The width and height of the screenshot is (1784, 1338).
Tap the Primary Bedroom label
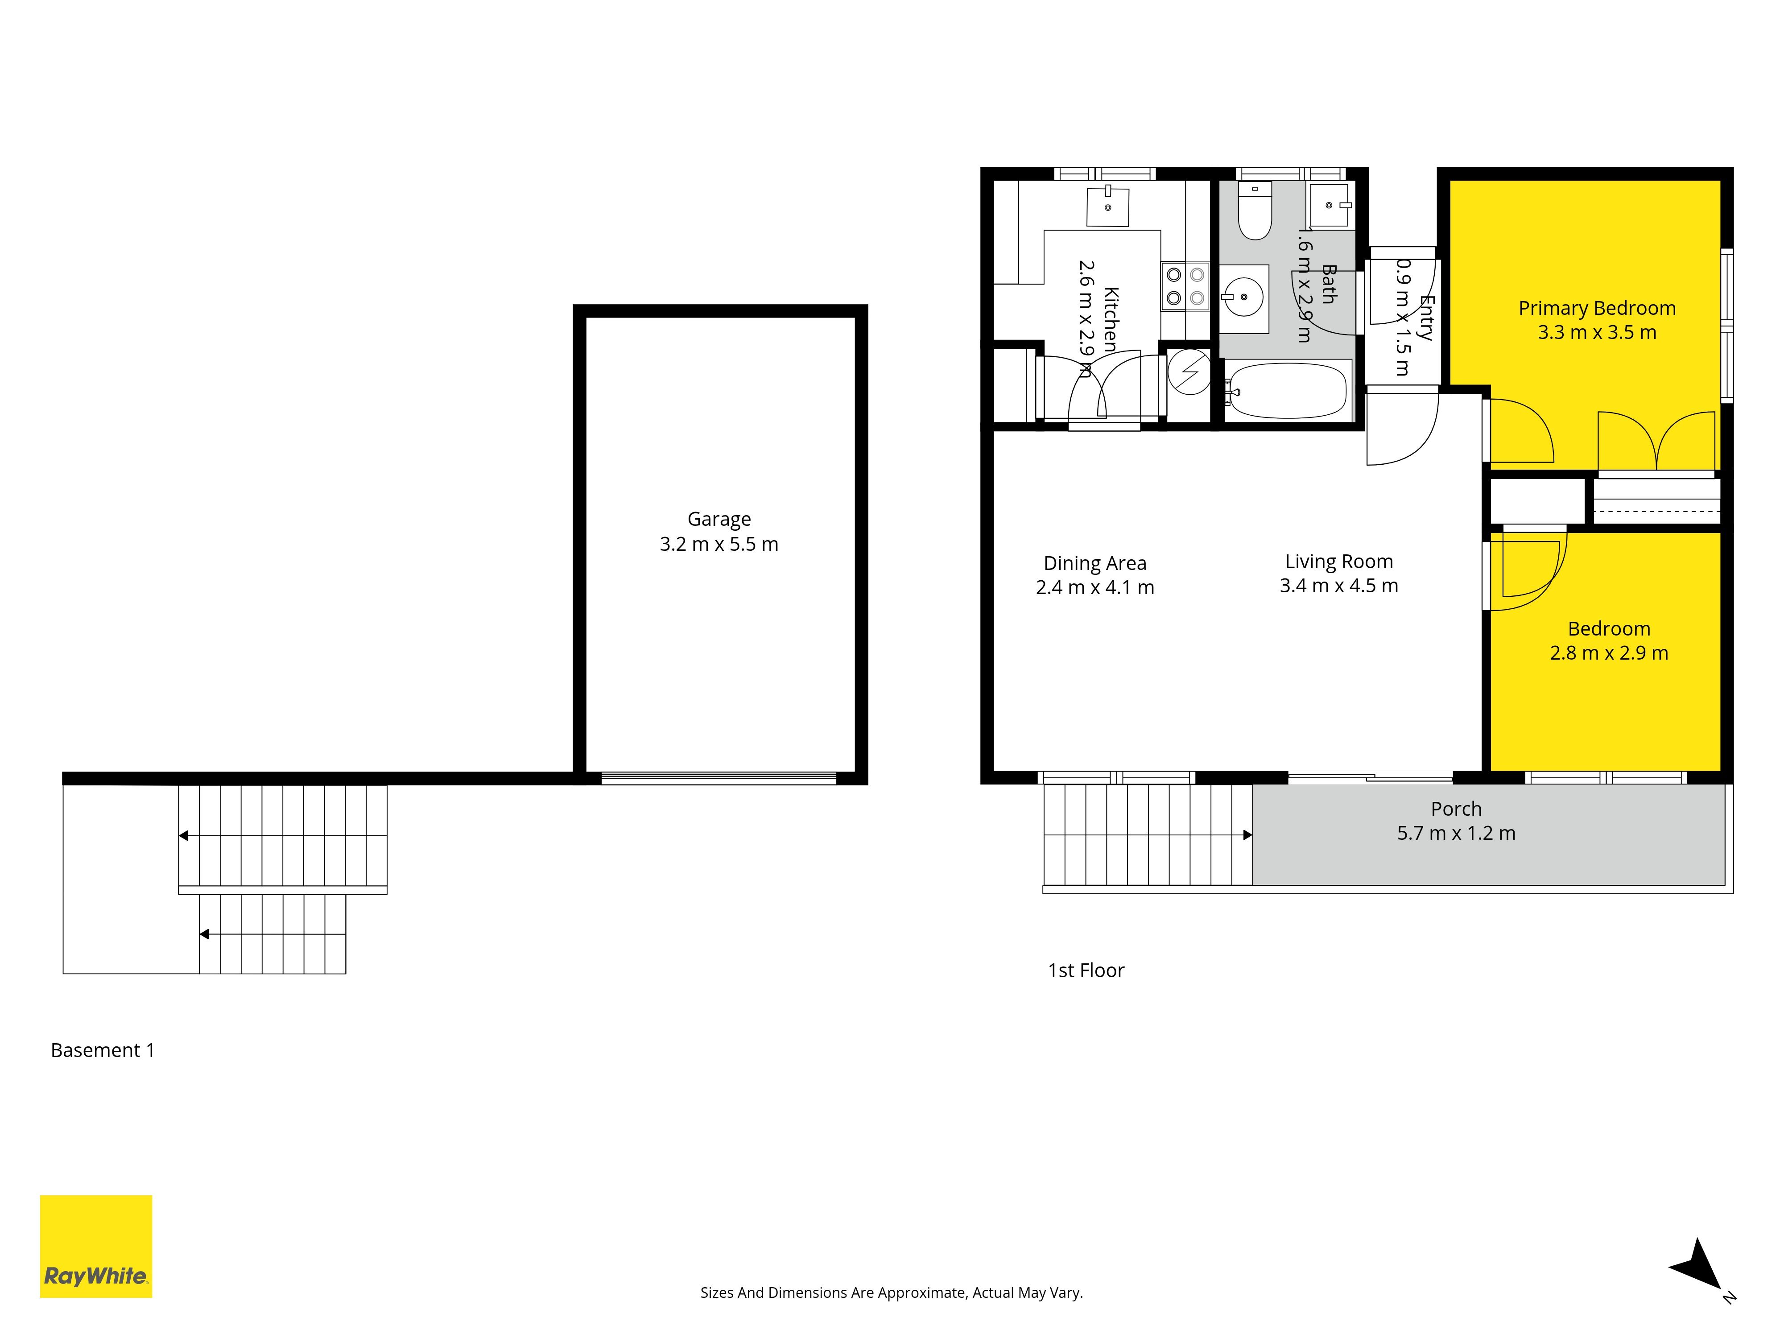click(x=1597, y=308)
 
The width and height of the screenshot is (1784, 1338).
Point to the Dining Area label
click(x=1094, y=563)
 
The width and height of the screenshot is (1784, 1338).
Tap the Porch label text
click(x=1456, y=809)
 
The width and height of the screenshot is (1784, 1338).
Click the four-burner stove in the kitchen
click(x=1185, y=286)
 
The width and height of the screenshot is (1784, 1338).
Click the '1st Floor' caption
click(x=1086, y=970)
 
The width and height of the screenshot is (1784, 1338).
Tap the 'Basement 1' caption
click(x=103, y=1050)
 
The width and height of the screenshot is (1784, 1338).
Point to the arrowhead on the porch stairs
click(x=1247, y=835)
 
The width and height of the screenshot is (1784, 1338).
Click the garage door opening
click(x=719, y=778)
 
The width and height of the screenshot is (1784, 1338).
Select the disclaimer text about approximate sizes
click(x=891, y=1293)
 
